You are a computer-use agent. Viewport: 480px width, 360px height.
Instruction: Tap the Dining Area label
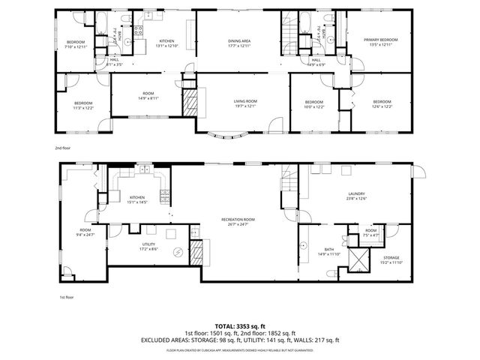point(240,42)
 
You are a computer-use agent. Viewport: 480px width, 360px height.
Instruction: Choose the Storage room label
point(391,259)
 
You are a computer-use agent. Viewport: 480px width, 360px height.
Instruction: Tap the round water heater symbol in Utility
point(178,253)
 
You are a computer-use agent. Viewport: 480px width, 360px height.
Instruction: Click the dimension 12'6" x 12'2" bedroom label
point(382,103)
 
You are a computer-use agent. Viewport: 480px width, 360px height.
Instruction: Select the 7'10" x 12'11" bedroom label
point(76,43)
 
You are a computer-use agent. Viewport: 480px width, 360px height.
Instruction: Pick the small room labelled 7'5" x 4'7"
point(370,232)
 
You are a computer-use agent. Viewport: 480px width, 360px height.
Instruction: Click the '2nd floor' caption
point(64,148)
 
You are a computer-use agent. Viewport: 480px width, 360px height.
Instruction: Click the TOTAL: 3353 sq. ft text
point(241,326)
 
